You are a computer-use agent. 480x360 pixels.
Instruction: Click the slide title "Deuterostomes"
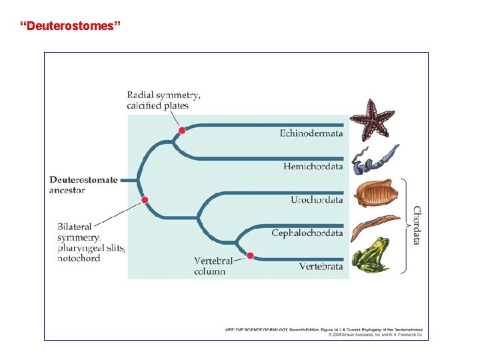tap(71, 27)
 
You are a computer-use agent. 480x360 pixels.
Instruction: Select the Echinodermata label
tap(311, 133)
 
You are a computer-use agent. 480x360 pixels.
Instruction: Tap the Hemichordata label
tap(313, 166)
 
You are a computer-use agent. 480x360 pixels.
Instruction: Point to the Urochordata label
tap(317, 200)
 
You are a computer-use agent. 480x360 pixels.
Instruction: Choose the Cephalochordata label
tap(307, 233)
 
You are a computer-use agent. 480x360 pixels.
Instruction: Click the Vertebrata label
tap(321, 267)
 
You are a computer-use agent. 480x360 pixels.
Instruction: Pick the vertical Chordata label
tap(417, 225)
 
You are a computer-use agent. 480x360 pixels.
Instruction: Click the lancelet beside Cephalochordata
tap(375, 226)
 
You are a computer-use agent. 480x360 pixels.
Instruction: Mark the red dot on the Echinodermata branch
tap(181, 131)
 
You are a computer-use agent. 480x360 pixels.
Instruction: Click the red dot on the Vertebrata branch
tap(250, 255)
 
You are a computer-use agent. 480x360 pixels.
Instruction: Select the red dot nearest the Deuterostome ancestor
tap(145, 200)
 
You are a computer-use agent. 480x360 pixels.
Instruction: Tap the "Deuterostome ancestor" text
tap(83, 185)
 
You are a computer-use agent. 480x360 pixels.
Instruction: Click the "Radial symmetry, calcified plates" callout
tap(163, 100)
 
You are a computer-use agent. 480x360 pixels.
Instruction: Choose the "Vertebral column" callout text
tap(213, 266)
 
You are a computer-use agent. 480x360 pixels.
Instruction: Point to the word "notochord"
tap(78, 259)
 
